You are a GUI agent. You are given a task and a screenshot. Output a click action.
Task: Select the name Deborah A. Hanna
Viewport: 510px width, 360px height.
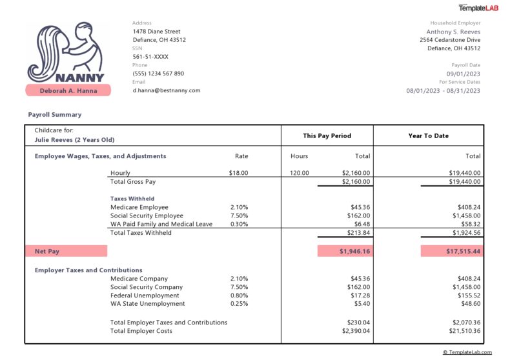pos(68,90)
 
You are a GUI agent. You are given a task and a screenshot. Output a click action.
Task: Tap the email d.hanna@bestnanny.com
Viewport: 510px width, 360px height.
pos(167,90)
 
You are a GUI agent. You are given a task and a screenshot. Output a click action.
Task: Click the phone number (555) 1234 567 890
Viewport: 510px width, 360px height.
pos(158,74)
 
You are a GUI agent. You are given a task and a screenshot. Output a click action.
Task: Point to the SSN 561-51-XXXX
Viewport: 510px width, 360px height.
pos(150,57)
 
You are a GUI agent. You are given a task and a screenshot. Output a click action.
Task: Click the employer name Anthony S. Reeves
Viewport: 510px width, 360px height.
pos(453,32)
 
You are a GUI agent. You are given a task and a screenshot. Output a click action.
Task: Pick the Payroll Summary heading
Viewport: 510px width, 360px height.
pos(55,115)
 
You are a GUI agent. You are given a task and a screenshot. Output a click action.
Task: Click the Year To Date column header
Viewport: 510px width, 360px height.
pos(428,136)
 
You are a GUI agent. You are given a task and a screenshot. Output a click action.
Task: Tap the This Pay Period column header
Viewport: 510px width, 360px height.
pos(327,136)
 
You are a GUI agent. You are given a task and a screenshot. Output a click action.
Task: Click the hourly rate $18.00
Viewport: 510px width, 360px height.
pos(238,173)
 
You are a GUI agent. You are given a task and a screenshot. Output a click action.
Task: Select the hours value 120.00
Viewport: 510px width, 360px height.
pos(299,173)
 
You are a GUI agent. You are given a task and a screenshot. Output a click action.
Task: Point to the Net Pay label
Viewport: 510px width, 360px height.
pos(46,251)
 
